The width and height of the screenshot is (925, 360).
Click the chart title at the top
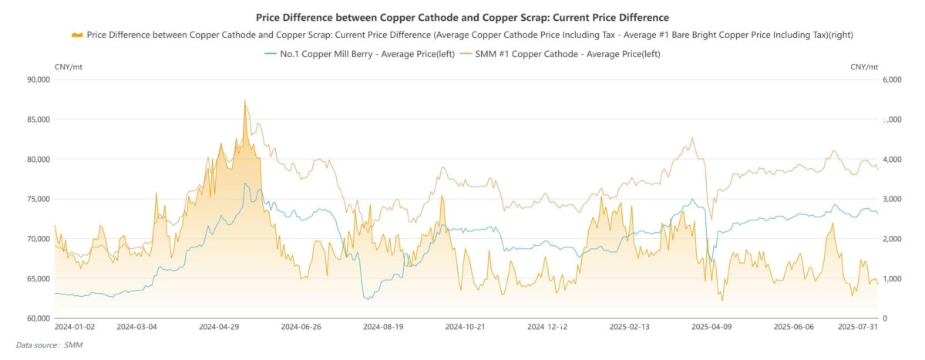click(x=462, y=16)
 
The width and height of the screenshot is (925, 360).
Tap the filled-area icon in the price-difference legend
click(x=76, y=35)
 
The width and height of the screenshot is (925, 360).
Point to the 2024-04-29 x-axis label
click(x=219, y=327)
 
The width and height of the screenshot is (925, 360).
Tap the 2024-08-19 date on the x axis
click(x=382, y=327)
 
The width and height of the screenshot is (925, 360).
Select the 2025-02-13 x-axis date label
click(x=629, y=327)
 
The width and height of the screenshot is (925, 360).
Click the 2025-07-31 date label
click(x=858, y=327)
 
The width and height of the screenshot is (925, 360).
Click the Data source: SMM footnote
click(x=49, y=345)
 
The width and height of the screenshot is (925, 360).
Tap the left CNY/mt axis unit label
click(x=69, y=67)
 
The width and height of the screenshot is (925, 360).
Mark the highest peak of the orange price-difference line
click(x=244, y=100)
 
